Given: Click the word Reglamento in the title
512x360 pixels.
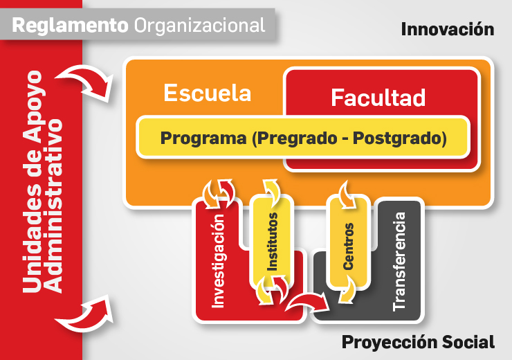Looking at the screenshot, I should (x=70, y=26).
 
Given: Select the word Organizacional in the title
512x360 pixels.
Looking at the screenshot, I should (x=199, y=26).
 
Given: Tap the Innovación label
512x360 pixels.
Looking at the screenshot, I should (x=447, y=29).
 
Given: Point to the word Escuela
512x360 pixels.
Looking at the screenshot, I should (x=207, y=93).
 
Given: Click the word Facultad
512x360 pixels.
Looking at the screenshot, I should (x=378, y=98).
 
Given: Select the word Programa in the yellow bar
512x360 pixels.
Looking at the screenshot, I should (x=203, y=137).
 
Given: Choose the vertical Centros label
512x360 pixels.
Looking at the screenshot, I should (x=348, y=246).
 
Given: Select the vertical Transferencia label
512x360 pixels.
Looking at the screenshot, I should (x=399, y=260).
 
